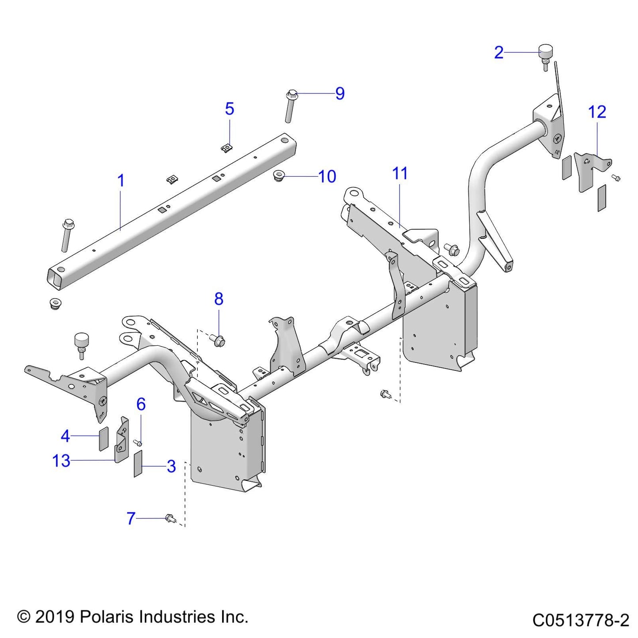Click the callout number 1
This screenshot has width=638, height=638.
coord(121,181)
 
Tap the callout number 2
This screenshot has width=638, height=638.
coord(498,53)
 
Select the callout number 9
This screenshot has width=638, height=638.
coord(340,94)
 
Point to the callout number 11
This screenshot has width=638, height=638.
coord(400,174)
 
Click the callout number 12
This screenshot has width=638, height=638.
coord(597,112)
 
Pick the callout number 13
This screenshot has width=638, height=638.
coord(61,461)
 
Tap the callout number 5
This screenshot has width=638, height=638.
coord(229,109)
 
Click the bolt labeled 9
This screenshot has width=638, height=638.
coord(289,106)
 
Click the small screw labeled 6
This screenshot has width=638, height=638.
coord(137,443)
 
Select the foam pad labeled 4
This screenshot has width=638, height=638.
coord(103,438)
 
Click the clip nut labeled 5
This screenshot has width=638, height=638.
coord(227,147)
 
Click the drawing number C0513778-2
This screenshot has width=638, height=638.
coord(580,620)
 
